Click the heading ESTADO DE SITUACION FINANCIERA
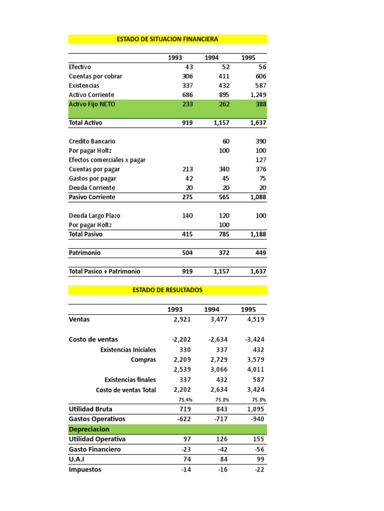pos(167,39)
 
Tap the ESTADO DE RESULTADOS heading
pos(167,290)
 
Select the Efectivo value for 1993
pos(188,67)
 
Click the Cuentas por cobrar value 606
pos(259,76)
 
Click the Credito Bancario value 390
pos(259,141)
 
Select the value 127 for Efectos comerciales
pos(259,160)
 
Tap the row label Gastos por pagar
pos(92,179)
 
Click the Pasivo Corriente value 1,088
pos(256,197)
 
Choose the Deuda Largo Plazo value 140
pos(187,216)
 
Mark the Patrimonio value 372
pos(223,253)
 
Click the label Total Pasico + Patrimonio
pos(104,271)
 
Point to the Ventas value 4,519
pos(255,319)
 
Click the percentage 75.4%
pos(185,400)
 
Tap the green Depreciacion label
pos(89,429)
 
